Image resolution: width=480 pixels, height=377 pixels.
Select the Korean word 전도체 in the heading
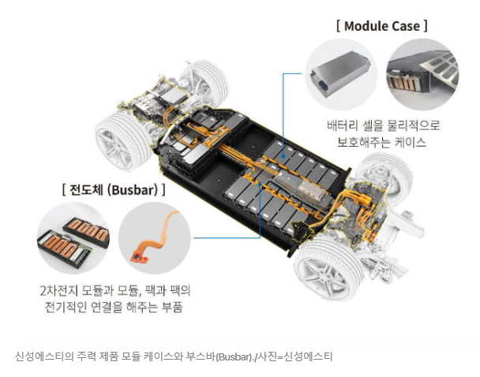click(86, 189)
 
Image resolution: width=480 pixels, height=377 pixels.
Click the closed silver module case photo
click(340, 73)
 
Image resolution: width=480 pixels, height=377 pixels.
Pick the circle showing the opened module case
click(423, 74)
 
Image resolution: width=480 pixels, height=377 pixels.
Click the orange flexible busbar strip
click(154, 236)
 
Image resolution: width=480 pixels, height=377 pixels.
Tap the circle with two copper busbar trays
click(73, 238)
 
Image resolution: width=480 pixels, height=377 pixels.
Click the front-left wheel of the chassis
click(123, 140)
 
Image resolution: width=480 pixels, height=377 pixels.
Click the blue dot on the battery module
click(283, 156)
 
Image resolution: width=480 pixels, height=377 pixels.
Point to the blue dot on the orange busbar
click(260, 185)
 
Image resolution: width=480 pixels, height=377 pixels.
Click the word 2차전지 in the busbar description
click(59, 290)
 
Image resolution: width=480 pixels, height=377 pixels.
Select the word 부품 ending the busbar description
click(172, 307)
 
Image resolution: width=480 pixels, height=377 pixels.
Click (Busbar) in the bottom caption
click(234, 356)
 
